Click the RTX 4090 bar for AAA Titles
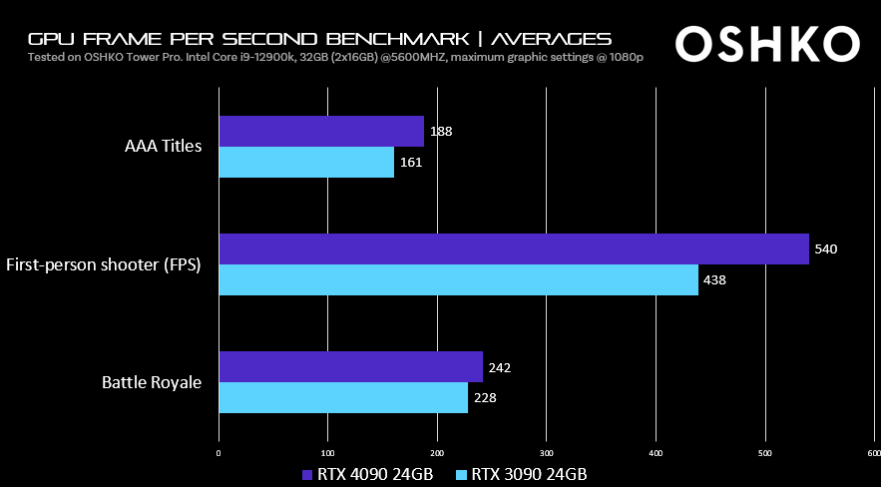coord(321,131)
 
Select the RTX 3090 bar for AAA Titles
coord(306,162)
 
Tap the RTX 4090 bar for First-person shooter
coord(514,248)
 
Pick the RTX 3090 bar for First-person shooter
coord(458,279)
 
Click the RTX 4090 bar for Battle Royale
coord(350,366)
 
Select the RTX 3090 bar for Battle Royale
coord(343,397)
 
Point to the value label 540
coord(825,248)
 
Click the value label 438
coord(714,279)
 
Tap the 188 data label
coord(441,131)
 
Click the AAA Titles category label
coord(163,147)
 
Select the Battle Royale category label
coord(152,381)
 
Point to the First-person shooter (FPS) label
coord(104,264)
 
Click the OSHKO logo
coord(766,43)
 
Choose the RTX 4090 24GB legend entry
coord(367,474)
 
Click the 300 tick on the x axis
coord(546,452)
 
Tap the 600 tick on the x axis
coord(873,452)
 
